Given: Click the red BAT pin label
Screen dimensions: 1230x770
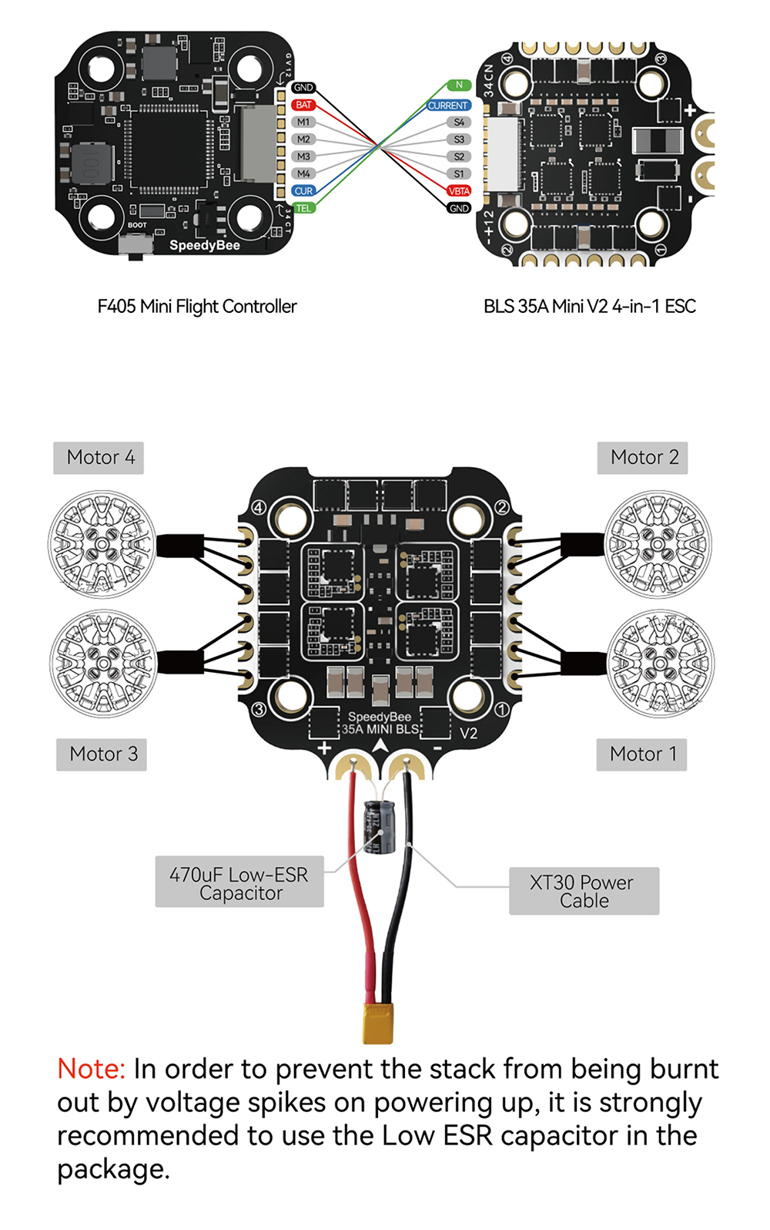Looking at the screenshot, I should click(x=303, y=105).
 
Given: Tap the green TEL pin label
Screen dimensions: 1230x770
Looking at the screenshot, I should click(x=303, y=208).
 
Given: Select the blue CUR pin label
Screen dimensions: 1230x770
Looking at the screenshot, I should click(x=303, y=191).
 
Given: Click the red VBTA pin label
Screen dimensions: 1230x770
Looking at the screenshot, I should click(x=459, y=191).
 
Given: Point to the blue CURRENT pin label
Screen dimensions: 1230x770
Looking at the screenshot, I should click(x=448, y=106).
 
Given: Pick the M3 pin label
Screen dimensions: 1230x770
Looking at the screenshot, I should click(x=303, y=156).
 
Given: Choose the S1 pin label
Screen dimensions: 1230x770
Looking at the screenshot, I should click(x=459, y=174).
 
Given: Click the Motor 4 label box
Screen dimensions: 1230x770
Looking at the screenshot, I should click(x=99, y=458).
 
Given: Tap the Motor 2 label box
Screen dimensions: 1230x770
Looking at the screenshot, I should click(x=643, y=458).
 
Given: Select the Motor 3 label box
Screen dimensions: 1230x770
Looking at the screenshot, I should click(x=102, y=754).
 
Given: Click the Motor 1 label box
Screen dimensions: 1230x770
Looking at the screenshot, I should click(x=642, y=754).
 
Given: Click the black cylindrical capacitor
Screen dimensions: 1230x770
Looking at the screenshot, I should click(x=379, y=827).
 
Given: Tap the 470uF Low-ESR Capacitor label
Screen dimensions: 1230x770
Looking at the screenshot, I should click(x=239, y=883).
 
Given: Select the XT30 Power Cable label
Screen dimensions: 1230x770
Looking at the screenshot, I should click(x=584, y=892).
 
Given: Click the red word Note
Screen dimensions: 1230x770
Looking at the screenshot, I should click(x=91, y=1069).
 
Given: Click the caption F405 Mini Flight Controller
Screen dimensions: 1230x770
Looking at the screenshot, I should click(x=197, y=307).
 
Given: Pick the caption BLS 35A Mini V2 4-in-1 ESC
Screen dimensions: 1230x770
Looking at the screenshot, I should click(x=589, y=307).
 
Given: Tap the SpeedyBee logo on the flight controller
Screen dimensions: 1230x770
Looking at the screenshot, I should click(x=205, y=245).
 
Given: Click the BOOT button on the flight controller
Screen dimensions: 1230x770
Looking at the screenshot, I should click(x=136, y=245).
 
